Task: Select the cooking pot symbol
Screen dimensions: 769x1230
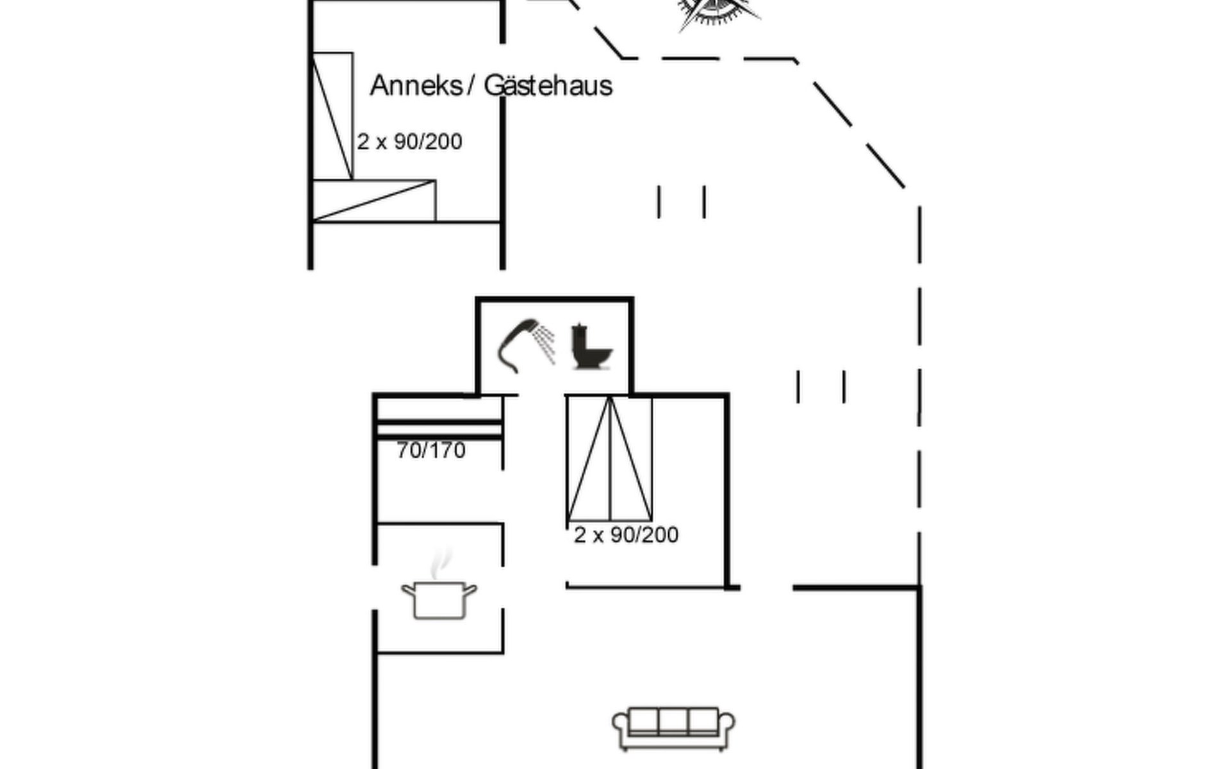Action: tap(439, 599)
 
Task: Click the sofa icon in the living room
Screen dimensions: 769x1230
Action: tap(673, 728)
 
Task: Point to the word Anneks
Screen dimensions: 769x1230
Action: tap(416, 86)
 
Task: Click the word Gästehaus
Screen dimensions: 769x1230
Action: tap(548, 86)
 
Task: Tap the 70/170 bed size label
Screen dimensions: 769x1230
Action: tap(430, 451)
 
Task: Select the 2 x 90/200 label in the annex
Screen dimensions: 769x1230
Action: tap(409, 142)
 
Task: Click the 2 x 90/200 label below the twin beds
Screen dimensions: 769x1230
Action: tap(626, 535)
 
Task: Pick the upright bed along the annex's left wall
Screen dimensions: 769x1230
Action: tap(332, 116)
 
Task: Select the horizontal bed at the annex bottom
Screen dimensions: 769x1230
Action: tap(373, 201)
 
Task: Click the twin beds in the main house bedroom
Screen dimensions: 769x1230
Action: tap(609, 459)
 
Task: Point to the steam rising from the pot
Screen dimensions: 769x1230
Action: tap(440, 562)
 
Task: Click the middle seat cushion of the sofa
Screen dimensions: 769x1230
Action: tap(673, 722)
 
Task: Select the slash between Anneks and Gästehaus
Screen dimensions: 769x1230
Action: tap(472, 86)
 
